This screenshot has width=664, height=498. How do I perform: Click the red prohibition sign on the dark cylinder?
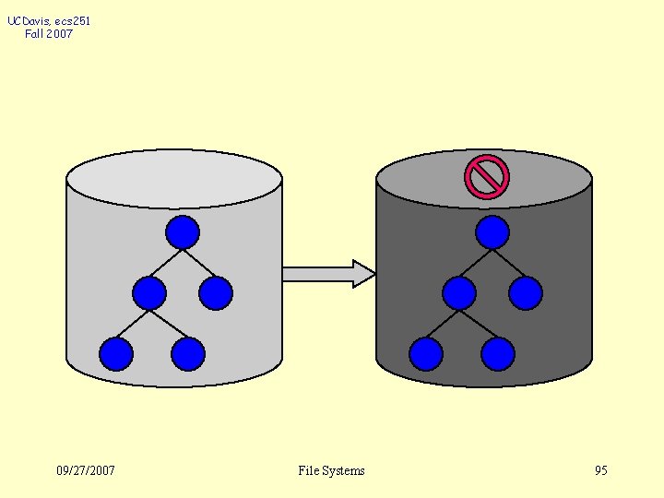coord(487,176)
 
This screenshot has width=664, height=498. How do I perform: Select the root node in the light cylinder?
coord(183,232)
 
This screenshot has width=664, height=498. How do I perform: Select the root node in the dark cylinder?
coord(492,232)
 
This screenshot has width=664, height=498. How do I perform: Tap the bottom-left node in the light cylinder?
coord(116,354)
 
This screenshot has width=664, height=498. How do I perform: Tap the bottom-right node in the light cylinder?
coord(187,354)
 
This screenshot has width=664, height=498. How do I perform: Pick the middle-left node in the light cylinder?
coord(149,293)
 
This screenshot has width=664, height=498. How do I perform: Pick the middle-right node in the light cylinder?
coord(215,293)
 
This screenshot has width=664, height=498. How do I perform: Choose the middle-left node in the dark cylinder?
coord(459,293)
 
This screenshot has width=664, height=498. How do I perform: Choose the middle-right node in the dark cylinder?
coord(525,293)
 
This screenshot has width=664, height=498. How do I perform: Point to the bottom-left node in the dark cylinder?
coord(426,354)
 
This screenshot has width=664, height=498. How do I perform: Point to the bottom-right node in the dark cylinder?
coord(497,354)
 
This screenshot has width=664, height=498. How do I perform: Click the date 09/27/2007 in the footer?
coord(86,470)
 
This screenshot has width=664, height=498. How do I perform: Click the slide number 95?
coord(601,470)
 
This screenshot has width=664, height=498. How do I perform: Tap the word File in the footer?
coord(308,470)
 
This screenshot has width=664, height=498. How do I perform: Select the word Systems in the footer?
coord(343,470)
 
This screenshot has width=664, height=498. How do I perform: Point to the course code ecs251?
coord(73,20)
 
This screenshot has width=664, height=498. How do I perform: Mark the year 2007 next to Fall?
coord(61,34)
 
